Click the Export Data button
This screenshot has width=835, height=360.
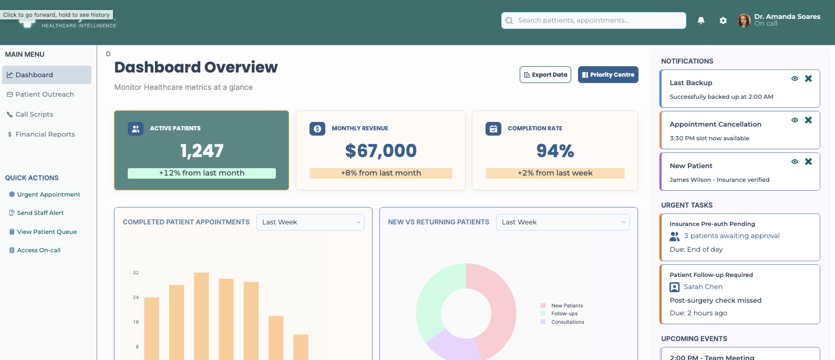[x=545, y=75]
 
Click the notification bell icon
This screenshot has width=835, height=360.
[x=701, y=20]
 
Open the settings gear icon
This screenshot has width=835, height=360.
[x=723, y=20]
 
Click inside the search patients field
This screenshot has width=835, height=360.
[x=594, y=20]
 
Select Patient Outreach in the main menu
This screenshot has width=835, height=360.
[x=45, y=95]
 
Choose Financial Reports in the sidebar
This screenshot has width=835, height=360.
[x=45, y=135]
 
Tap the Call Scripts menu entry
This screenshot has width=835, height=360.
[x=34, y=115]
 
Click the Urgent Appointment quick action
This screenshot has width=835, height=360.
[x=48, y=194]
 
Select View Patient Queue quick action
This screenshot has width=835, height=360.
[x=47, y=232]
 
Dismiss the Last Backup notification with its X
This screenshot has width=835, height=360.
[x=808, y=78]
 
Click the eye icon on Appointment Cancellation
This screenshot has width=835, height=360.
[x=795, y=120]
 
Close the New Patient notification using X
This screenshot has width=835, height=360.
[x=808, y=161]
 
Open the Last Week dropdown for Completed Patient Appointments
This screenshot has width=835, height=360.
[x=311, y=222]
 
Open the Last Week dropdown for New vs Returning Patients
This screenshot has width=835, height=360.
[x=563, y=222]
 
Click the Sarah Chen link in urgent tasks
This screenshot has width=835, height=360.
[x=703, y=287]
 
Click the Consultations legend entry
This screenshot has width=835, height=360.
[x=567, y=322]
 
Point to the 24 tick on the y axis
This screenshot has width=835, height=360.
[x=136, y=297]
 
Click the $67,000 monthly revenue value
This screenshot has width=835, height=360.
[x=380, y=151]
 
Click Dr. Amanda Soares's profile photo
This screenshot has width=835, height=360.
[x=744, y=20]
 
